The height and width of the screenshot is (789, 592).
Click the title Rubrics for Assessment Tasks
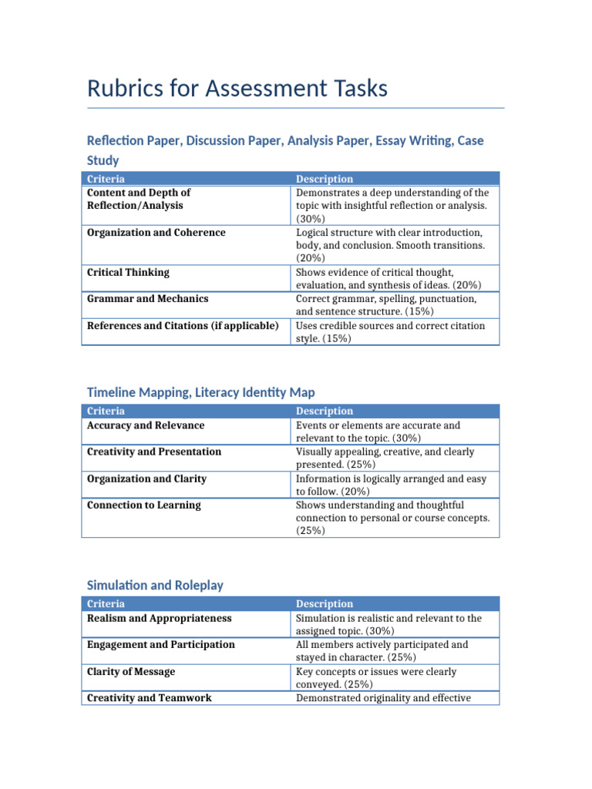coord(237,89)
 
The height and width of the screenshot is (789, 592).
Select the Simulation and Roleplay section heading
coord(155,585)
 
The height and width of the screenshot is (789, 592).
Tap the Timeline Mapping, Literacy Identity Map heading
coord(200,392)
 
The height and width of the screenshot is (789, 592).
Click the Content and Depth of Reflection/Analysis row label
coord(139,199)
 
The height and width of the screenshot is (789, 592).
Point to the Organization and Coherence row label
coord(156,233)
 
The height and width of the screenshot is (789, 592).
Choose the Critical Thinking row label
coord(128,272)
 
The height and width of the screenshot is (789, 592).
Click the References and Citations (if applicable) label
coord(183,326)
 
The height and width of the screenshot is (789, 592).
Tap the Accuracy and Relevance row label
coord(146,425)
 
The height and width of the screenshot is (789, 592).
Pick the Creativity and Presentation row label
coord(154,452)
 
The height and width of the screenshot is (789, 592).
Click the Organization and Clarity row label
coord(146,478)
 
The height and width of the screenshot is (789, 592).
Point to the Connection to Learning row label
coord(144,505)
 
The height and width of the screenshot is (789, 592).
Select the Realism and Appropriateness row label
coord(159,618)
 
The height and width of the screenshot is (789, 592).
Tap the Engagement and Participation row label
coord(161,644)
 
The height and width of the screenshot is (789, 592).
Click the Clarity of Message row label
coord(131,672)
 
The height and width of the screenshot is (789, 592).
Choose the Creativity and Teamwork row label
coord(150,698)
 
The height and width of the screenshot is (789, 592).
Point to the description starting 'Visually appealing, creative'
coord(385,458)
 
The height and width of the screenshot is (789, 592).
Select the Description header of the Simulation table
coord(325,604)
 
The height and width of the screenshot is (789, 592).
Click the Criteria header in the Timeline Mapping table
coord(106,411)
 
